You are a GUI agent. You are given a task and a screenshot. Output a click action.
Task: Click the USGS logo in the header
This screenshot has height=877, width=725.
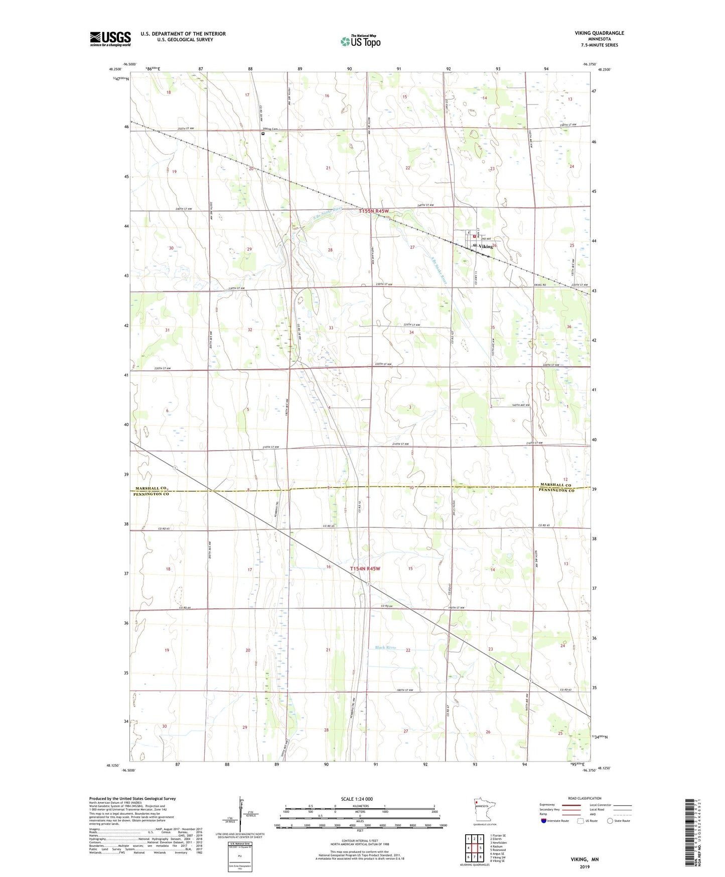110,39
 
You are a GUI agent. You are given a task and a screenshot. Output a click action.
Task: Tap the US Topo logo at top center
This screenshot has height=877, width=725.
360,41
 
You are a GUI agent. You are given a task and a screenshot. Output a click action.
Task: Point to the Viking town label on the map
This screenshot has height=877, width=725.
486,247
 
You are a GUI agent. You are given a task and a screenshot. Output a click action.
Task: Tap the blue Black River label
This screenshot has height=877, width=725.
385,647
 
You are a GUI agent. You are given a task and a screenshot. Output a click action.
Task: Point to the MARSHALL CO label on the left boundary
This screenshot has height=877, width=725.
150,488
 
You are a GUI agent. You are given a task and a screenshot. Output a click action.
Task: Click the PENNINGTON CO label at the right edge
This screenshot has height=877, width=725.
556,490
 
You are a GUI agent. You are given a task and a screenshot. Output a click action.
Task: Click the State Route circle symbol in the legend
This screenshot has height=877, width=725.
610,821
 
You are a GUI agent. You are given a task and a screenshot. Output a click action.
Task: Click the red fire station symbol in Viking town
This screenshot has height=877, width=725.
474,236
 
